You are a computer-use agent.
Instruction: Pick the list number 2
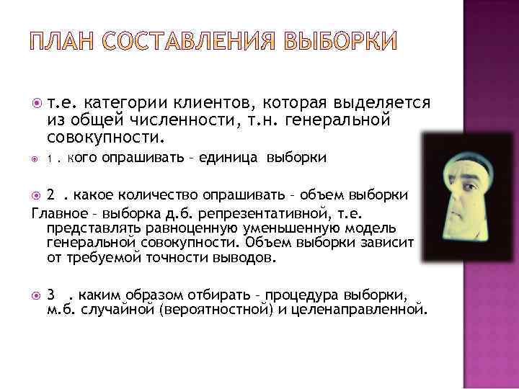point(50,194)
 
